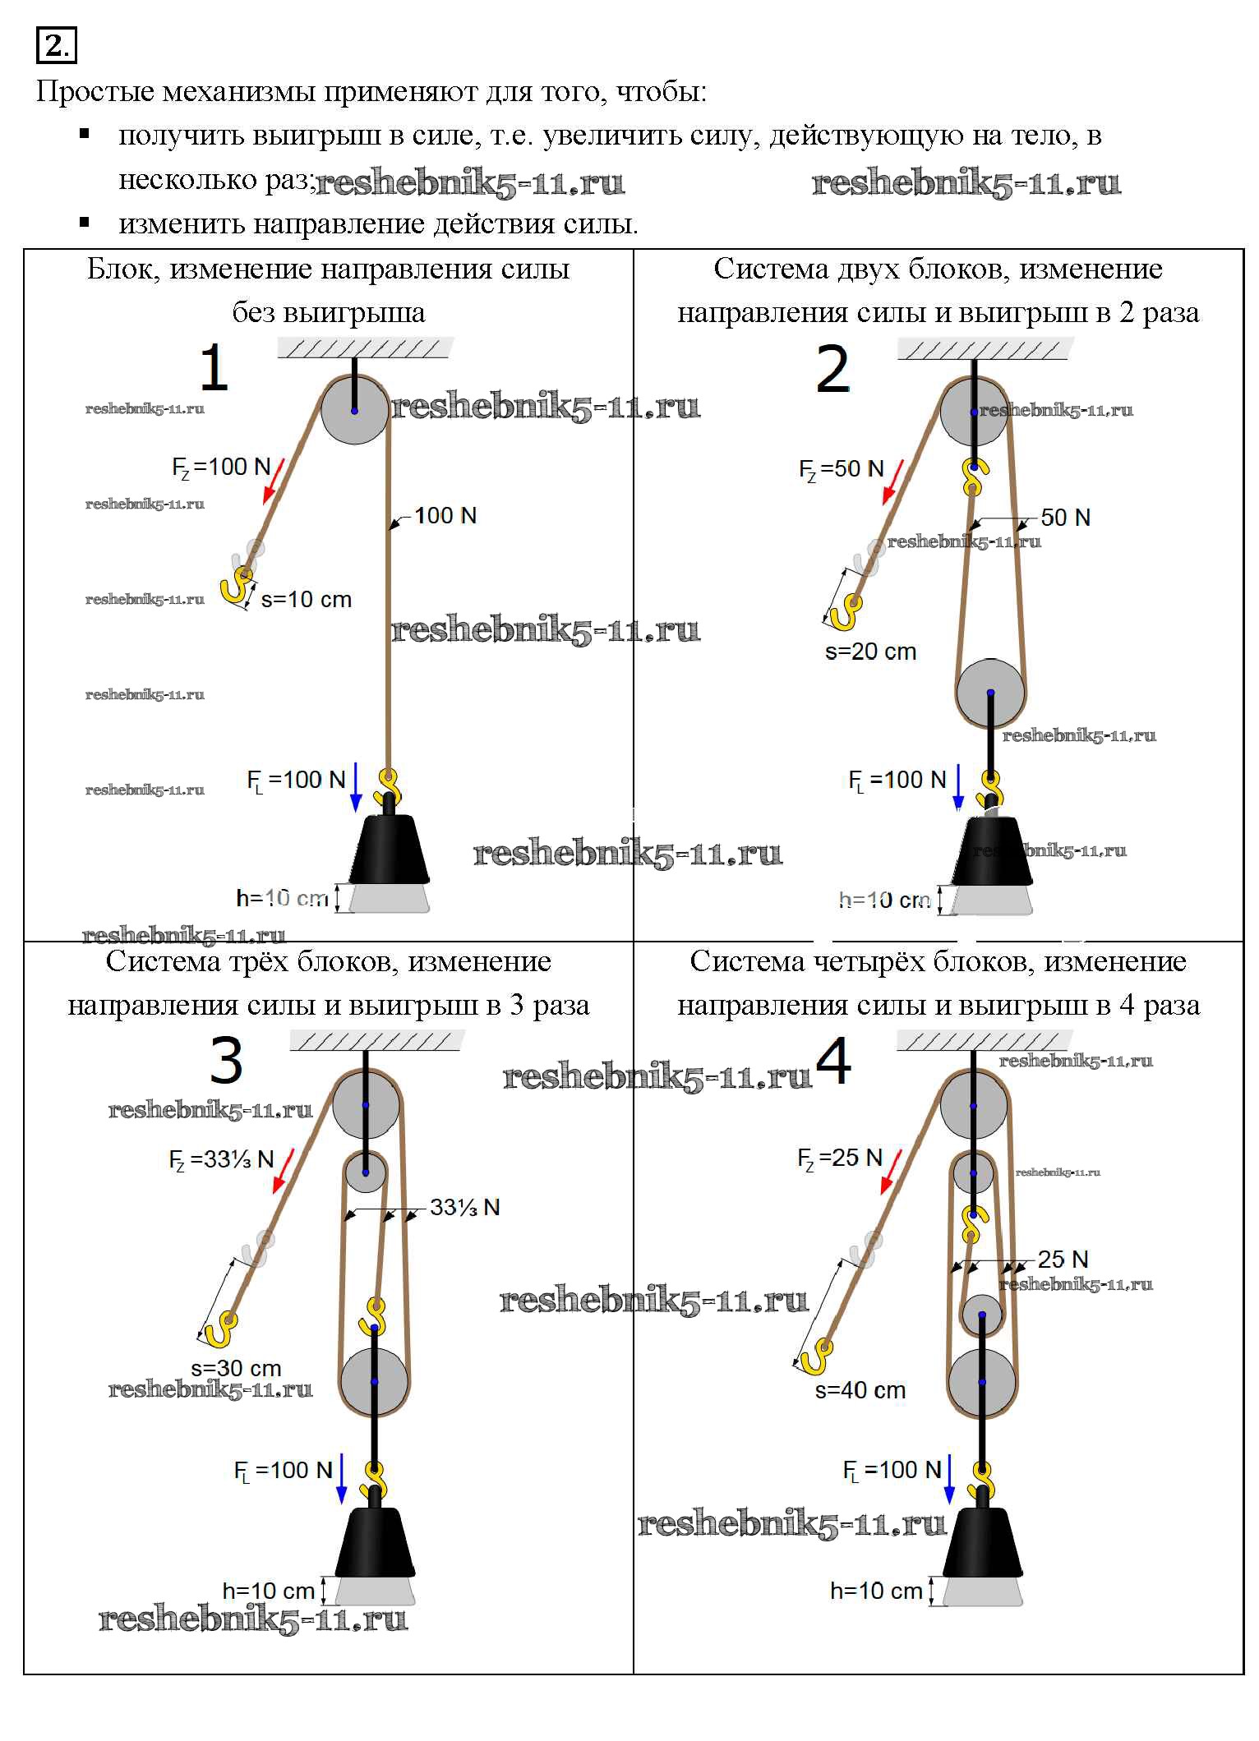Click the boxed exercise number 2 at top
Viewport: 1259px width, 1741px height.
[56, 46]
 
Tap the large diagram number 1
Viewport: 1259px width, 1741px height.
[214, 368]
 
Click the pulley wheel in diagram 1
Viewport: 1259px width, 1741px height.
[354, 410]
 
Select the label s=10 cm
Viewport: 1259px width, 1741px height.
[307, 600]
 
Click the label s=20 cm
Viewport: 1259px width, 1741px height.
[870, 652]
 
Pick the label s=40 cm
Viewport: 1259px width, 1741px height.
[860, 1390]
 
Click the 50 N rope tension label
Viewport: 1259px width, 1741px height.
[1065, 518]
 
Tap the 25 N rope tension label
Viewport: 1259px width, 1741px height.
[1063, 1260]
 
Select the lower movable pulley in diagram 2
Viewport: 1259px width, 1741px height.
[990, 693]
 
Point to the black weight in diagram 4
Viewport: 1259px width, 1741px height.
[982, 1543]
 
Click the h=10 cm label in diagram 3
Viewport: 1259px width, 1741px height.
[269, 1591]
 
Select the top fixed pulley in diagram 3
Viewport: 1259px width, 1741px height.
[366, 1104]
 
